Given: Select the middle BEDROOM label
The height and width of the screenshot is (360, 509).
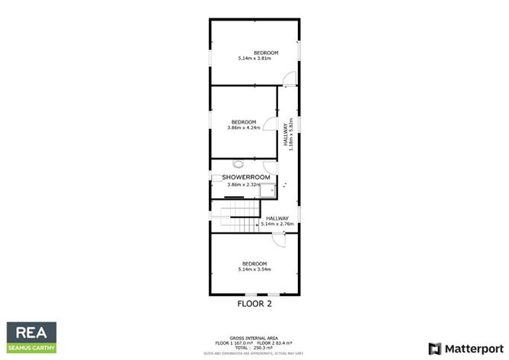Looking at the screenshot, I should (x=243, y=122).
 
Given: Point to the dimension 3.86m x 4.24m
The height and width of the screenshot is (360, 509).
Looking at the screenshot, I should (x=243, y=128).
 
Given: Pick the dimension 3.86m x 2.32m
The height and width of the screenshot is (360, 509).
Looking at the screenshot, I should (x=243, y=185).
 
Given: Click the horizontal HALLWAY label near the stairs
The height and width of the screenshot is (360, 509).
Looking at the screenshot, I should (x=277, y=218).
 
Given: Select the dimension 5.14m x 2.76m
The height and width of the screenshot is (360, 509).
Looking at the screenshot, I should (x=277, y=224).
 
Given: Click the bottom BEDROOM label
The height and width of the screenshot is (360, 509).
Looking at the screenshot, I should (x=255, y=263).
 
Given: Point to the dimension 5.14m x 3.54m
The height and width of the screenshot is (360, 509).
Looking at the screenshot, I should (x=255, y=269).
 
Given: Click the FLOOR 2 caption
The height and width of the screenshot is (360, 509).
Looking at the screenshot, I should (x=254, y=303).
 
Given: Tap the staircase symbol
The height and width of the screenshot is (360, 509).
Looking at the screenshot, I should (x=239, y=220).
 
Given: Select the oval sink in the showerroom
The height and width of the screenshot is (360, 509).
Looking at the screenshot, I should (x=238, y=163).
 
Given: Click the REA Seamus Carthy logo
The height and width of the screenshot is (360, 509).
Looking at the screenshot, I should (x=32, y=337).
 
